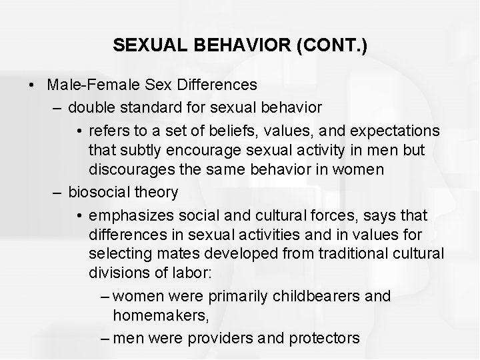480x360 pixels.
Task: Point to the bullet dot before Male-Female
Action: pos(31,85)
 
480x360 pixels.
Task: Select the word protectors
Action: pos(324,338)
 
